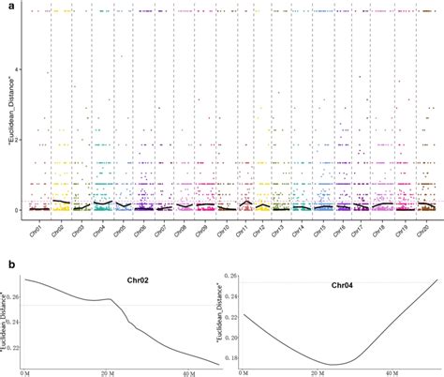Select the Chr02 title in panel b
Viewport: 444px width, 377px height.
click(x=141, y=279)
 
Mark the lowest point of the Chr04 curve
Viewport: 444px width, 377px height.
click(x=333, y=364)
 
